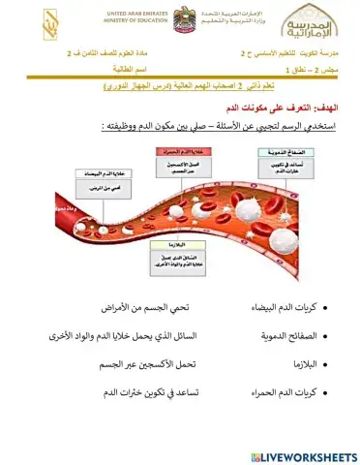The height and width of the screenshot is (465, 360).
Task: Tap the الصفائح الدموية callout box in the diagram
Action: (x=255, y=170)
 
